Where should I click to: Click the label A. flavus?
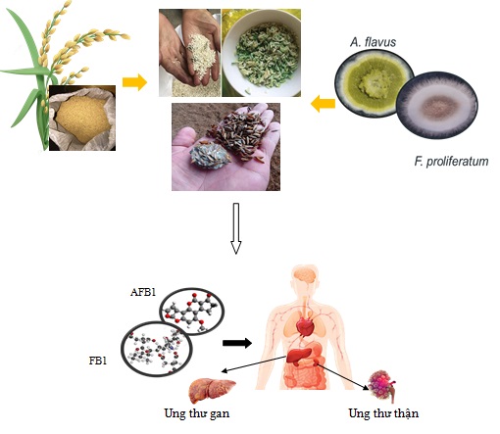[373, 42]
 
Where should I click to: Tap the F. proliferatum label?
[451, 162]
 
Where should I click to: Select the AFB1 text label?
[143, 292]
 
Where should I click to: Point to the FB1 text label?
[98, 361]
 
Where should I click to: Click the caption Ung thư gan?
[197, 413]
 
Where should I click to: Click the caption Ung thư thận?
[383, 413]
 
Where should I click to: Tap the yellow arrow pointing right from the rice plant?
[134, 82]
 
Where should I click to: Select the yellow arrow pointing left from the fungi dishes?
[323, 104]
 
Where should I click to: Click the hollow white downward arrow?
[236, 228]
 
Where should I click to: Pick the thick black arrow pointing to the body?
[237, 343]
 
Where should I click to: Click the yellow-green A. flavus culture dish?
[374, 83]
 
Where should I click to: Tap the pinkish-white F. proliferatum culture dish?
[437, 106]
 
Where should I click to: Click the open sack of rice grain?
[82, 118]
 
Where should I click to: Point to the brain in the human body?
[305, 275]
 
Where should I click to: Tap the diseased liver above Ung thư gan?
[212, 390]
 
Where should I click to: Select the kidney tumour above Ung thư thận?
[382, 386]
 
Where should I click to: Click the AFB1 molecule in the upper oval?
[192, 312]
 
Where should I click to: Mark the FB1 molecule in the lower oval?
[157, 349]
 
